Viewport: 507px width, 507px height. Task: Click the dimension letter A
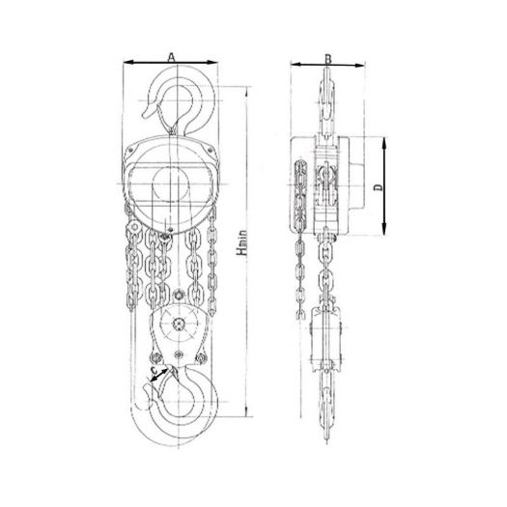[171, 57]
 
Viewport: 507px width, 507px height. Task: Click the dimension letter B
[328, 59]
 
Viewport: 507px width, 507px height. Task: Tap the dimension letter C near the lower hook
[155, 369]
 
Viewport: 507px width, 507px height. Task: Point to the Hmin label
[241, 242]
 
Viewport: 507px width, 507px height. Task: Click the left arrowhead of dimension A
[127, 62]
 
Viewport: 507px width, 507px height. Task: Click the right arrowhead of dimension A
[212, 63]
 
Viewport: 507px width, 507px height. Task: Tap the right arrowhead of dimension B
[359, 66]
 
